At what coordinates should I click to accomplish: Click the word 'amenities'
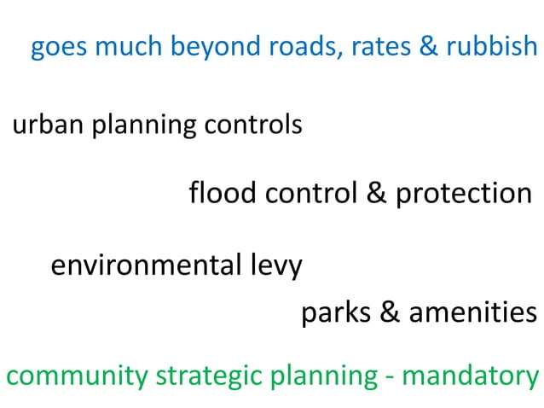point(473,312)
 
